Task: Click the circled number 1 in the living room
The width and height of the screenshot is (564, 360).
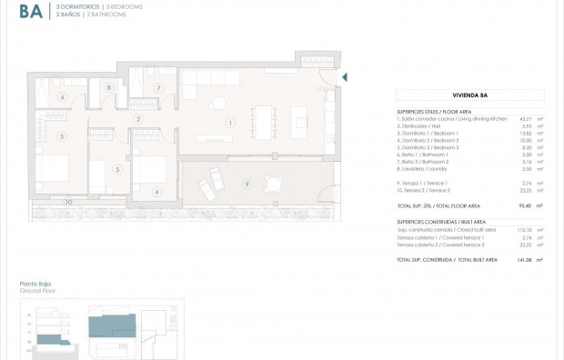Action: (230, 123)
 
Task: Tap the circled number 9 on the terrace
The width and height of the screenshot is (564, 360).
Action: (246, 185)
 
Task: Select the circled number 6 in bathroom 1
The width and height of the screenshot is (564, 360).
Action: (63, 96)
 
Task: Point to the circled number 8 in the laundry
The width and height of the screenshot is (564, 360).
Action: (109, 88)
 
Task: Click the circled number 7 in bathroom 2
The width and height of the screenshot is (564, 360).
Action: (157, 88)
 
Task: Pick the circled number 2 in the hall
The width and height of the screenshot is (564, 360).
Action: (138, 119)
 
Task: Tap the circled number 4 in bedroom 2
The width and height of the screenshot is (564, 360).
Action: (156, 192)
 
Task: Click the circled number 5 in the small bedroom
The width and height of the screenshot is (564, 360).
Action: (116, 169)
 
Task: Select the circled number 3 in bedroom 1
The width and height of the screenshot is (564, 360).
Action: (62, 137)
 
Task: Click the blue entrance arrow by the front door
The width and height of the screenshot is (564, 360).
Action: (344, 78)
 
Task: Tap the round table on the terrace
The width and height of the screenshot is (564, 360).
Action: (274, 184)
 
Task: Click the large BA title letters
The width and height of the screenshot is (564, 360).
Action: (30, 12)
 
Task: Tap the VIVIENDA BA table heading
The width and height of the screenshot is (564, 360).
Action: (469, 95)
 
